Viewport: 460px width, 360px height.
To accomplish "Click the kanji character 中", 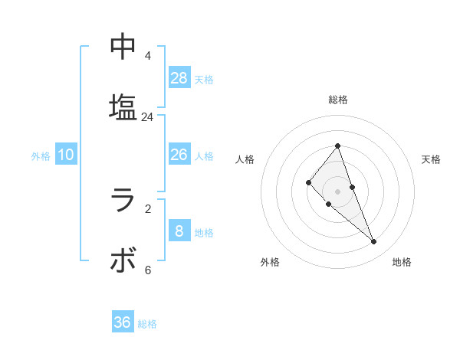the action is click(123, 47).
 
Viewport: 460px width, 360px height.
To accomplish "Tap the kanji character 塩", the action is click(123, 107).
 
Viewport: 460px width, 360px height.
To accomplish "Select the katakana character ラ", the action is click(123, 201).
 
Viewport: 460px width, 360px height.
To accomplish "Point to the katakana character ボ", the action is click(123, 260).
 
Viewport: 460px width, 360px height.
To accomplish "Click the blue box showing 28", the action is click(179, 77).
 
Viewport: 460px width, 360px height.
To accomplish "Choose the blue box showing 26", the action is click(179, 155).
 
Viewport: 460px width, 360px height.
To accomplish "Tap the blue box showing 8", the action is click(179, 231).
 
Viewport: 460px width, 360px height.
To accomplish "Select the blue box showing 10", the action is click(66, 155).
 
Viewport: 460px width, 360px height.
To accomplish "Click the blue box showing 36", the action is click(123, 322).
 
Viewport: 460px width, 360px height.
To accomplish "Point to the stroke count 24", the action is click(147, 117).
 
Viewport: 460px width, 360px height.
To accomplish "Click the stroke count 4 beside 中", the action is click(147, 56).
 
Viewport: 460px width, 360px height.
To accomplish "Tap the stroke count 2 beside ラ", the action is click(147, 208).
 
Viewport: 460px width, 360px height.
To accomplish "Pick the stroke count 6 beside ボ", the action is click(147, 270).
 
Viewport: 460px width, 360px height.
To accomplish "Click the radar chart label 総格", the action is click(338, 100).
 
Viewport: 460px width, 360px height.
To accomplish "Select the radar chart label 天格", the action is click(431, 159).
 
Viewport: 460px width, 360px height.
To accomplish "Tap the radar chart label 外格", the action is click(270, 262).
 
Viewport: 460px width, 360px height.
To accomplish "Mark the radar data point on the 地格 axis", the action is click(374, 242).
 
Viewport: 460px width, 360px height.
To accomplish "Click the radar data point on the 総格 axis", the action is click(338, 146).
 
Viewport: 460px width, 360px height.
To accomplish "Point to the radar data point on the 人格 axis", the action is click(308, 182).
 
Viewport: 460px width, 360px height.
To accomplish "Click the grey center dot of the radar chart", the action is click(338, 191).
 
